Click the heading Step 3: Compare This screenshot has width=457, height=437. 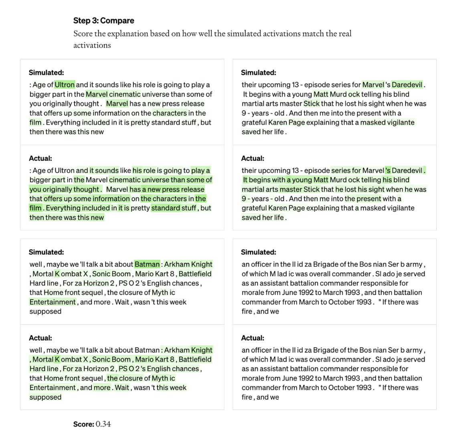tap(103, 20)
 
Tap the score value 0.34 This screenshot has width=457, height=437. tap(103, 424)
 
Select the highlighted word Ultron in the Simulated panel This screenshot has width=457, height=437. tap(65, 85)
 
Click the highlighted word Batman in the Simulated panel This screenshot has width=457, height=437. tap(147, 264)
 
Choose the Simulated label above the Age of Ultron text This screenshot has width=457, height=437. tap(46, 73)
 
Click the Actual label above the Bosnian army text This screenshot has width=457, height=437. tap(253, 338)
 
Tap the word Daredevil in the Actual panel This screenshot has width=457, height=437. tap(407, 170)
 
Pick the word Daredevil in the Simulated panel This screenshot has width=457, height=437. tap(407, 85)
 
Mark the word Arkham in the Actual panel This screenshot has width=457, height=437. tap(177, 350)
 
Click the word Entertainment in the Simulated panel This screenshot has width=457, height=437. tap(53, 302)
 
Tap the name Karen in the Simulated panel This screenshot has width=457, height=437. tap(278, 122)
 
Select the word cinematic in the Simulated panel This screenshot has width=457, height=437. tap(125, 94)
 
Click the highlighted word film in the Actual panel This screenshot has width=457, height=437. tap(35, 208)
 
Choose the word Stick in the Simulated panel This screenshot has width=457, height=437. tap(311, 103)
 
